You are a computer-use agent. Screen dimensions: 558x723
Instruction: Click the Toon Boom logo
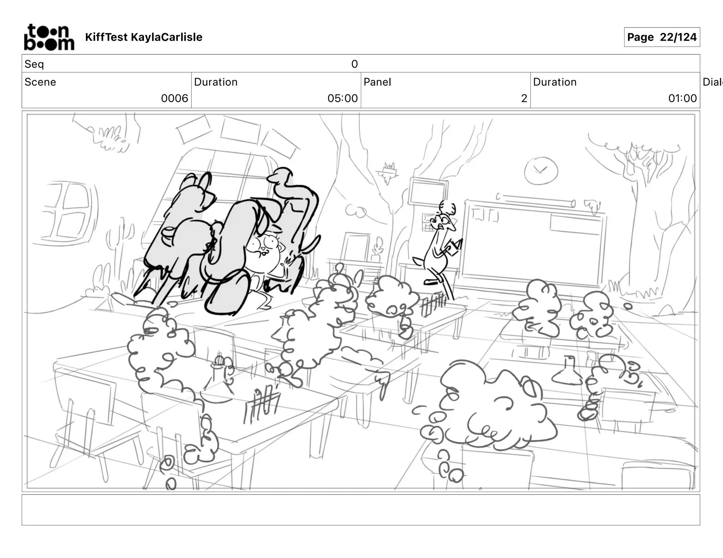pyautogui.click(x=49, y=37)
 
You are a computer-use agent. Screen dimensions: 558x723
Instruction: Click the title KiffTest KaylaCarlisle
pyautogui.click(x=144, y=37)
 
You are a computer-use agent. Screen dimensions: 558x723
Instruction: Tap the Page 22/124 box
pyautogui.click(x=662, y=37)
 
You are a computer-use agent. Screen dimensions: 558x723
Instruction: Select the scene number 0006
pyautogui.click(x=174, y=98)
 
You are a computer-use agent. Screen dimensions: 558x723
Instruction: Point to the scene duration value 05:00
pyautogui.click(x=342, y=98)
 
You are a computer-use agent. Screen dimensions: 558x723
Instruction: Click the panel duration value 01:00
pyautogui.click(x=682, y=98)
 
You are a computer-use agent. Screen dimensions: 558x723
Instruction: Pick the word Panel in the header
pyautogui.click(x=377, y=82)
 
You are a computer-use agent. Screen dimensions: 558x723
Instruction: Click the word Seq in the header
pyautogui.click(x=34, y=64)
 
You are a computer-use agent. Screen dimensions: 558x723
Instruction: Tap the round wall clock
pyautogui.click(x=541, y=171)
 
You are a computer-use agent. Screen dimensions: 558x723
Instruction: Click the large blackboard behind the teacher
pyautogui.click(x=533, y=243)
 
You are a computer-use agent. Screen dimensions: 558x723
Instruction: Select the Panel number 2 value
pyautogui.click(x=524, y=98)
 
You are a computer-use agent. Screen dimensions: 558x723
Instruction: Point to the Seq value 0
pyautogui.click(x=354, y=64)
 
